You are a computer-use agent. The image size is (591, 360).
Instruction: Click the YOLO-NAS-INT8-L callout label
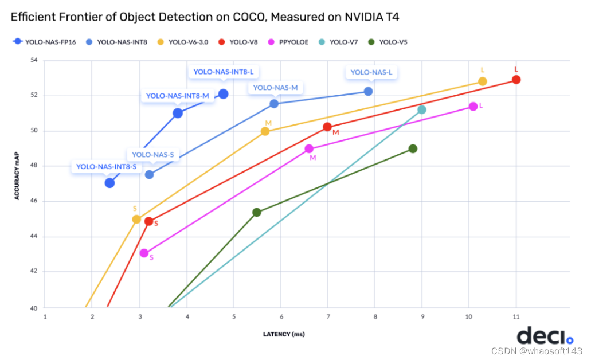pyautogui.click(x=223, y=72)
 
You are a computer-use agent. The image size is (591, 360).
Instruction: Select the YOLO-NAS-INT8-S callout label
pyautogui.click(x=107, y=167)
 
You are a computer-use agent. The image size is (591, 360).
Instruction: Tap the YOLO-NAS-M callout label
pyautogui.click(x=275, y=88)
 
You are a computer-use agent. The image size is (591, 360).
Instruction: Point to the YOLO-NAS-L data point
pyautogui.click(x=368, y=91)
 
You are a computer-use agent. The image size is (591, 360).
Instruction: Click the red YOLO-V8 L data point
pyautogui.click(x=516, y=80)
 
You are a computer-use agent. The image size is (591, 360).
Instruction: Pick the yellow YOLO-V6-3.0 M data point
pyautogui.click(x=265, y=131)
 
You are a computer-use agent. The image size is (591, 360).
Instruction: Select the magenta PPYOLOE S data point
pyautogui.click(x=144, y=253)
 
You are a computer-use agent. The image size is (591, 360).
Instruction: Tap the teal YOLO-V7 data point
pyautogui.click(x=422, y=109)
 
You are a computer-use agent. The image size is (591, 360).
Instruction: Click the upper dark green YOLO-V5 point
pyautogui.click(x=413, y=148)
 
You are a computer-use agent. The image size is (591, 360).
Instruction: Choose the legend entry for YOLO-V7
pyautogui.click(x=342, y=41)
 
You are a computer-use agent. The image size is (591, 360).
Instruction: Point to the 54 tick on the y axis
pyautogui.click(x=33, y=60)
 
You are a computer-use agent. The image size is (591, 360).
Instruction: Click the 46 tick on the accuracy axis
pyautogui.click(x=33, y=201)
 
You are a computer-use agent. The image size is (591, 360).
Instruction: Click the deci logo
pyautogui.click(x=545, y=335)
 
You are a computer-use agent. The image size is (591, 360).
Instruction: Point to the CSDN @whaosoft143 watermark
pyautogui.click(x=549, y=351)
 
